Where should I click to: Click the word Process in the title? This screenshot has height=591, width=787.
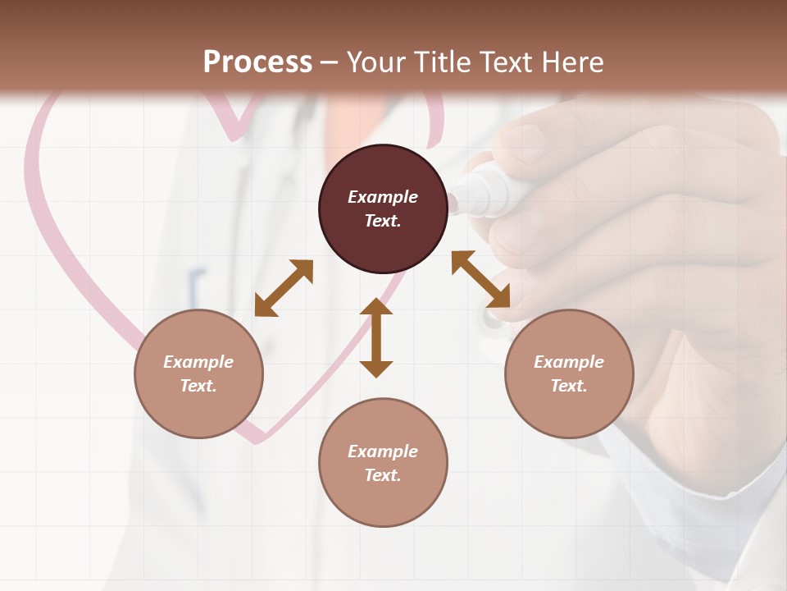tap(257, 62)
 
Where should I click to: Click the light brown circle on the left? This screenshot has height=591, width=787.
tap(198, 373)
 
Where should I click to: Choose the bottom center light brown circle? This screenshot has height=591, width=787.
tap(383, 462)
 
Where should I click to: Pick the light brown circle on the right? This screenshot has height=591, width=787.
tap(569, 373)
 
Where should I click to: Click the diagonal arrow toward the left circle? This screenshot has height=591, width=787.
tap(284, 288)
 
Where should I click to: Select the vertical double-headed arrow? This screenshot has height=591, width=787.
tap(376, 338)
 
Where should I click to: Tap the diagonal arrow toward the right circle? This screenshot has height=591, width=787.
tap(481, 279)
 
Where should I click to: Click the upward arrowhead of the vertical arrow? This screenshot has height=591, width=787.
tap(376, 306)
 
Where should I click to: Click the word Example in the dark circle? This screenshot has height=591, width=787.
tap(383, 197)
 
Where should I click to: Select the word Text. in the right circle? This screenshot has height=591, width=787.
tap(569, 386)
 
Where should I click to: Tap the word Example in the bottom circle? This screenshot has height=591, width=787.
tap(383, 451)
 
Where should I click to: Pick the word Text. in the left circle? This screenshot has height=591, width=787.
tap(198, 386)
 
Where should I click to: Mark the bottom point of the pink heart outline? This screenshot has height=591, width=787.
tap(257, 438)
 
